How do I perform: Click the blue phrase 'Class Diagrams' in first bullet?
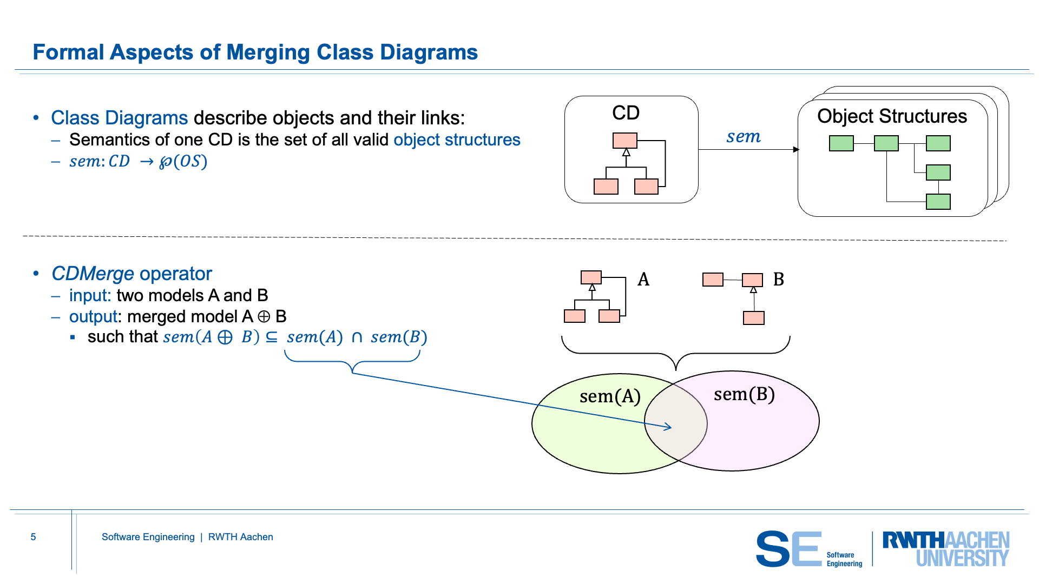coord(119,118)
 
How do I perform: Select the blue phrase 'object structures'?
coord(457,140)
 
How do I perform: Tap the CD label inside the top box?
coord(626,113)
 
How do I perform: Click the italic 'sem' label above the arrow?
coord(743,137)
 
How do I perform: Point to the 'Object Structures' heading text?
coord(892,116)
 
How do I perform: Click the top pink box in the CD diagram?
coord(624,141)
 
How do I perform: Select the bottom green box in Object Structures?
coord(938,202)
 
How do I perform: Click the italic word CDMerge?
coord(93,274)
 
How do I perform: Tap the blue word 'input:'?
coord(90,296)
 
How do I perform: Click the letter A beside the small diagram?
coord(643,280)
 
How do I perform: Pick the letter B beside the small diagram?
coord(778,280)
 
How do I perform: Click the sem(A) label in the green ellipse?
coord(610,397)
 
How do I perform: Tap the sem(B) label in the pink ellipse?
coord(744,395)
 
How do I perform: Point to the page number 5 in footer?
coord(33,537)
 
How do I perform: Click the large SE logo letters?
coord(788,549)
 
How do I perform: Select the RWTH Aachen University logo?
coord(945,549)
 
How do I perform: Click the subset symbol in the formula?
coord(272,337)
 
